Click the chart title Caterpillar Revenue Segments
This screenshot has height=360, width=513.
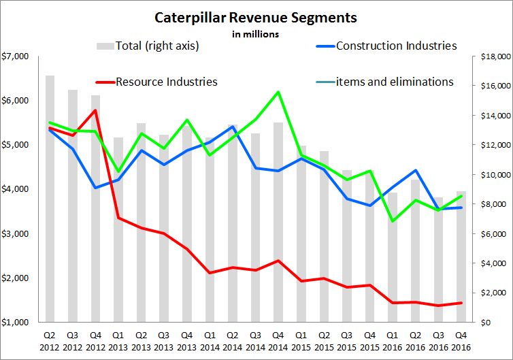pyautogui.click(x=256, y=17)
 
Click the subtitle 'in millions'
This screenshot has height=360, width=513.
pyautogui.click(x=256, y=32)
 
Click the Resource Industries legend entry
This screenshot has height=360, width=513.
pyautogui.click(x=166, y=82)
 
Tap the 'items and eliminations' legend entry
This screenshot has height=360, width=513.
pyautogui.click(x=395, y=82)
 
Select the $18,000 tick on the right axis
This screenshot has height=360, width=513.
pyautogui.click(x=489, y=56)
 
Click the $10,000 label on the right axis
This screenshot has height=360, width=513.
pyautogui.click(x=489, y=174)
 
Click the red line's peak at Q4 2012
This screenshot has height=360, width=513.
pyautogui.click(x=96, y=110)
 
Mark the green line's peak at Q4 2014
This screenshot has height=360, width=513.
pyautogui.click(x=278, y=92)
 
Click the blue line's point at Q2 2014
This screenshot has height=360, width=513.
pyautogui.click(x=233, y=127)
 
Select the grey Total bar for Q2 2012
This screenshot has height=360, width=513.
pyautogui.click(x=50, y=198)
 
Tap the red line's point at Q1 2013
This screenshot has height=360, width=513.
pyautogui.click(x=118, y=218)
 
